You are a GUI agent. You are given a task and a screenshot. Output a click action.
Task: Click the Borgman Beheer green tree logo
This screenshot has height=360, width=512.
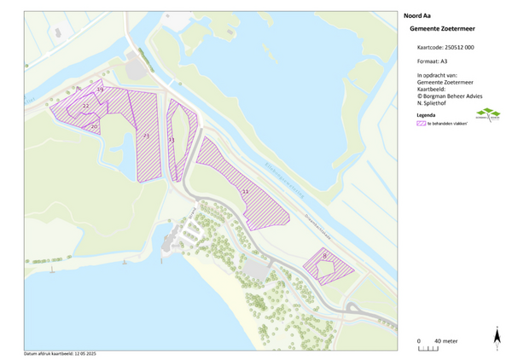coord(488,115)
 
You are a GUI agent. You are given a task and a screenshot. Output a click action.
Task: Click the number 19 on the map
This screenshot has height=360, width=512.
coord(100,90)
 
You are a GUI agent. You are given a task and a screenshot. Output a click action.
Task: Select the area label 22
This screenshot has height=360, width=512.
coord(85,106)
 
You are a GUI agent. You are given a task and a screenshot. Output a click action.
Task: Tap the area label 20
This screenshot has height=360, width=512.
coord(94,125)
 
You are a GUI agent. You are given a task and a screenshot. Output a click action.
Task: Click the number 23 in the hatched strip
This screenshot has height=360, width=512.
coord(146,136)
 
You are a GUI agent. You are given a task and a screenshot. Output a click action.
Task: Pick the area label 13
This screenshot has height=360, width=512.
coord(172,139)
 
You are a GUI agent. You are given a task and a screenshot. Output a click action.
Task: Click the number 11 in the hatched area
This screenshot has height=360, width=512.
coord(245,192)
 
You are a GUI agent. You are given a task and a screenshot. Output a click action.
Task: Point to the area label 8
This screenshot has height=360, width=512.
coord(325,255)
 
